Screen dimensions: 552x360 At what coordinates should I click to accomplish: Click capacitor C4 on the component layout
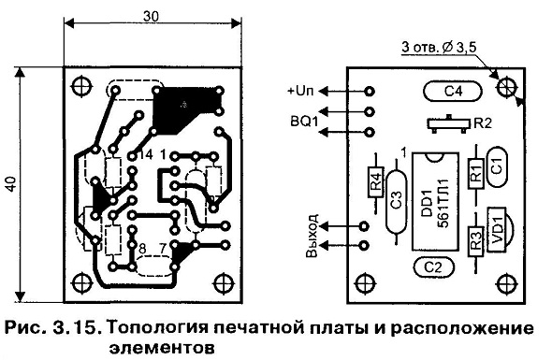tap(452, 92)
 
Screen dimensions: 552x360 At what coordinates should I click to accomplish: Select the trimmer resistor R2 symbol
tap(448, 123)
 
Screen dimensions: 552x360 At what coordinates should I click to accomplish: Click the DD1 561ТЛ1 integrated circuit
tap(436, 201)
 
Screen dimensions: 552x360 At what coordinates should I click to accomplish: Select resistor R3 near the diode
tap(476, 240)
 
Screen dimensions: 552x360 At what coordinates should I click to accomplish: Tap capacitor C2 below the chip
tap(433, 267)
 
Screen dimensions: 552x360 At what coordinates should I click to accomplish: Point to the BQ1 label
tap(304, 122)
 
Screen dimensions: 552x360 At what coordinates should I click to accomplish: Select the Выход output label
tap(312, 235)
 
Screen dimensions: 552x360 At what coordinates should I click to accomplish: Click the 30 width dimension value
tap(152, 16)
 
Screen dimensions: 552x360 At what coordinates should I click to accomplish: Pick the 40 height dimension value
tap(11, 183)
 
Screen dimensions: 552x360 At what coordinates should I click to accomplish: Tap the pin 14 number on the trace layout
tap(145, 154)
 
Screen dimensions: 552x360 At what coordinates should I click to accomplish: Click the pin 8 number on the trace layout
tap(142, 249)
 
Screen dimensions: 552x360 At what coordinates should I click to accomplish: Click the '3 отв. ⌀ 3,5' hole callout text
tap(439, 48)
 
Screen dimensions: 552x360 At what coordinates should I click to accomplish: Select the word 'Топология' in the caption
tap(158, 329)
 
